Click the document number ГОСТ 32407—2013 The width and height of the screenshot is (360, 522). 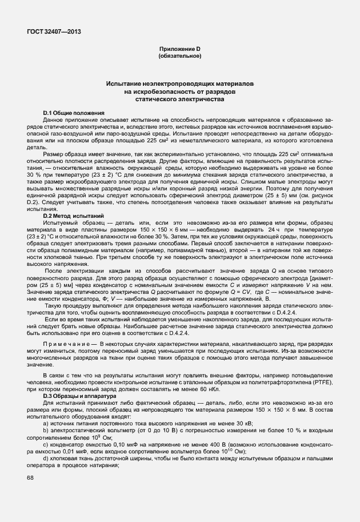(53, 32)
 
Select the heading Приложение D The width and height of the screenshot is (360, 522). (180, 50)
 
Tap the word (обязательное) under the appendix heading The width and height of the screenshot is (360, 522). (180, 57)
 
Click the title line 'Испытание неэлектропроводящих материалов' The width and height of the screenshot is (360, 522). (180, 84)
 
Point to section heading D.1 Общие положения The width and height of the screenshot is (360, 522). (74, 113)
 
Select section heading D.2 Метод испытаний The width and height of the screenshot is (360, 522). (73, 217)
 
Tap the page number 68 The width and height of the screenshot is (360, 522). (30, 477)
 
